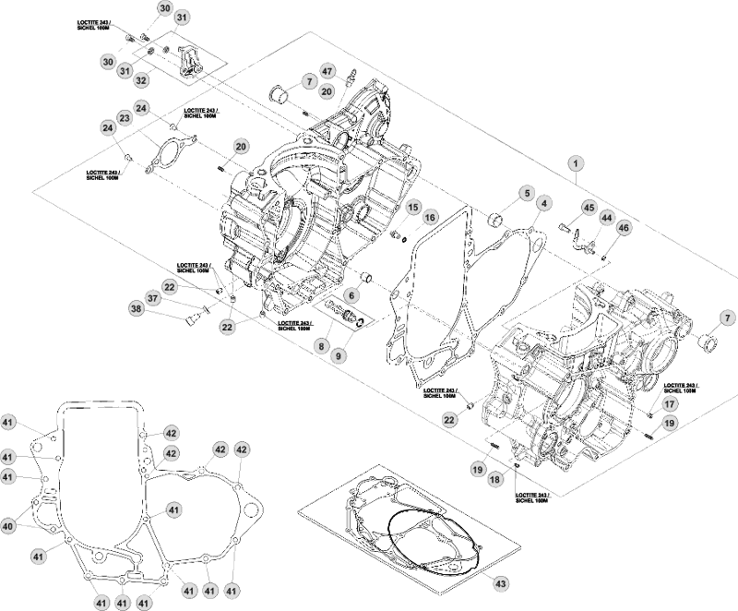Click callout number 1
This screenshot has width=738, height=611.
click(575, 164)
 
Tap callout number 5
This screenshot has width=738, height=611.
click(527, 194)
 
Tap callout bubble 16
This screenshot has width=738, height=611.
click(431, 217)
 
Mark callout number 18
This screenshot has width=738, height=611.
click(496, 478)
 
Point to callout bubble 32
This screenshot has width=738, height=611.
click(141, 80)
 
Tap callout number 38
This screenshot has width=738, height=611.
click(137, 310)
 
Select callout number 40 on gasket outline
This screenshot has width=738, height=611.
click(8, 526)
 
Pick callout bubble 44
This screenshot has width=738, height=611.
click(606, 218)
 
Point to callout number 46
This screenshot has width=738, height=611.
click(624, 227)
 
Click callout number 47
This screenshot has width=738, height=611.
click(327, 71)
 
